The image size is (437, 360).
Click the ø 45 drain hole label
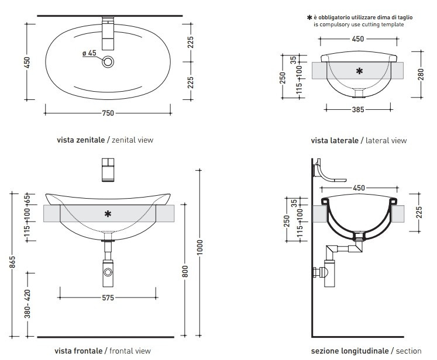[x=90, y=53]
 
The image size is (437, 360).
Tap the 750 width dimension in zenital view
[x=108, y=113]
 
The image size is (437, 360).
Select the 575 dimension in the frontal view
[x=107, y=297]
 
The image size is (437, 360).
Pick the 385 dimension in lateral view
[x=357, y=109]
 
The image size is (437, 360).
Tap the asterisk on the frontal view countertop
[x=108, y=214]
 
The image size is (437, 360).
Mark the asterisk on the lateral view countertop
[x=359, y=71]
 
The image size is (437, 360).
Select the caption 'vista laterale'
[x=335, y=141]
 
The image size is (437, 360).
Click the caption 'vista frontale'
[x=79, y=351]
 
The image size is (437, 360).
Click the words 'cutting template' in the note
[x=382, y=25]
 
